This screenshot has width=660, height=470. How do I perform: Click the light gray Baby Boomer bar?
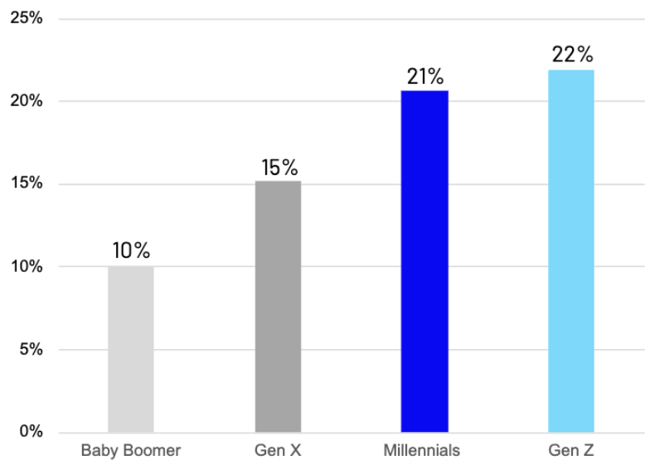(x=130, y=349)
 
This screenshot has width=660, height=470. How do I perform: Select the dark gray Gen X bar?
(x=278, y=307)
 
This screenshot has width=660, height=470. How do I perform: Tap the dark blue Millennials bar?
(x=425, y=261)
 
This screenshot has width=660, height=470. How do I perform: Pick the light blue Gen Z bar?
(x=571, y=250)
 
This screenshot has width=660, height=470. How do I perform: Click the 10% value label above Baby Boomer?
(x=131, y=250)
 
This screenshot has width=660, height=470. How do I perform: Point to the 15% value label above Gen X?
(x=279, y=167)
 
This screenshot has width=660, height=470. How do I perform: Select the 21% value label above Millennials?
(x=425, y=77)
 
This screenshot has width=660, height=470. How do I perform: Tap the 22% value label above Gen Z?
(x=572, y=55)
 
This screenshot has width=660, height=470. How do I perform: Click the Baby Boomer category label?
(x=130, y=451)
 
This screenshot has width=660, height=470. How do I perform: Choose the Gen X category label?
(x=278, y=451)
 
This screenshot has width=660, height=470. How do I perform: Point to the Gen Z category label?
(x=570, y=451)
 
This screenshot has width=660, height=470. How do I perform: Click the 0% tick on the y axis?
(x=31, y=432)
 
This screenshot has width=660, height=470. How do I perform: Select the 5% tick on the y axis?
(x=31, y=349)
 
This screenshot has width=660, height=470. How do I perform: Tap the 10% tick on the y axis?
(x=27, y=266)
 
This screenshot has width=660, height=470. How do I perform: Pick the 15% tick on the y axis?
(x=27, y=183)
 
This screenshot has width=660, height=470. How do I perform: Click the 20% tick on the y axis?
(x=27, y=100)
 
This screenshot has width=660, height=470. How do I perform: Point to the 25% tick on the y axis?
(x=27, y=17)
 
